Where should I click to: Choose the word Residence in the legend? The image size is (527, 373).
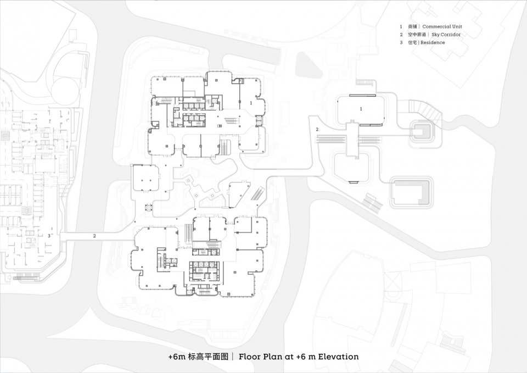(433, 42)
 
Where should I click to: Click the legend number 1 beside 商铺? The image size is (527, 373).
(401, 26)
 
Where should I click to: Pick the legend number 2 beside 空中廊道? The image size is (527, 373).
(401, 35)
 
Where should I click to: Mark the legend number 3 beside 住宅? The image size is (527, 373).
(401, 42)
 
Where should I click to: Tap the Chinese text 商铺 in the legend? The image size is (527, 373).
(412, 26)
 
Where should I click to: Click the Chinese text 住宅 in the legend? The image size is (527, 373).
(411, 42)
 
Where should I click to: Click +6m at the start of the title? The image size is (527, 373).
(176, 357)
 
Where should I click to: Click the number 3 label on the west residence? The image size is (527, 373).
(49, 236)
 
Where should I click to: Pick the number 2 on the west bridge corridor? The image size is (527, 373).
(94, 236)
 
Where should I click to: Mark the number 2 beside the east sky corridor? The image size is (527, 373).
(317, 129)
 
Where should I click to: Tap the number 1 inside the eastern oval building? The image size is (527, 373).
(361, 109)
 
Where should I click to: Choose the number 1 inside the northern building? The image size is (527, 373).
(251, 103)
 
